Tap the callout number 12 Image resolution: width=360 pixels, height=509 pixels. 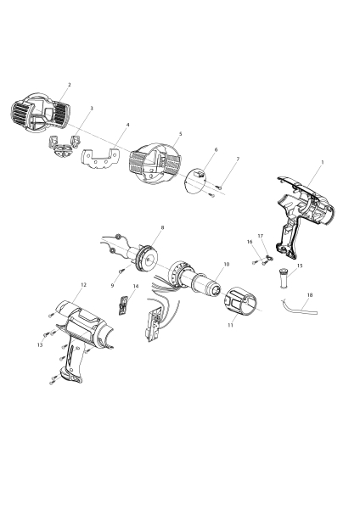[82, 284]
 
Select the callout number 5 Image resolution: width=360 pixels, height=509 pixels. [180, 134]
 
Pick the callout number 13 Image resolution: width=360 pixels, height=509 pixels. [40, 345]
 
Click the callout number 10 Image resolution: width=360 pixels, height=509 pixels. [226, 265]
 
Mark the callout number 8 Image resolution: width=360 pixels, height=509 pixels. [162, 228]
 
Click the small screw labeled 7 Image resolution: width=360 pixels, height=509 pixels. [219, 185]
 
